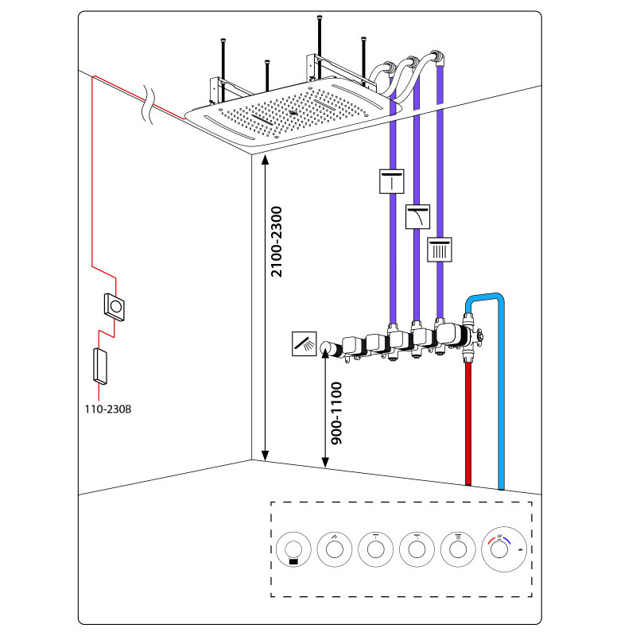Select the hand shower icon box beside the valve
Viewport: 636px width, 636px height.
click(304, 345)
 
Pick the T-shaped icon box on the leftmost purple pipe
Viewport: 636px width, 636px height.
click(392, 182)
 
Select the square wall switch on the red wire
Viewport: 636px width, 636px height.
click(116, 306)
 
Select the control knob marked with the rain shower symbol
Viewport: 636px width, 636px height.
click(458, 549)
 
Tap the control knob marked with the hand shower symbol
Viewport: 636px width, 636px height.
click(334, 549)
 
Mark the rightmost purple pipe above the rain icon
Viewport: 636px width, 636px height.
click(440, 159)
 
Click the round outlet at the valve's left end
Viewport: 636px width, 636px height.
click(325, 347)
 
